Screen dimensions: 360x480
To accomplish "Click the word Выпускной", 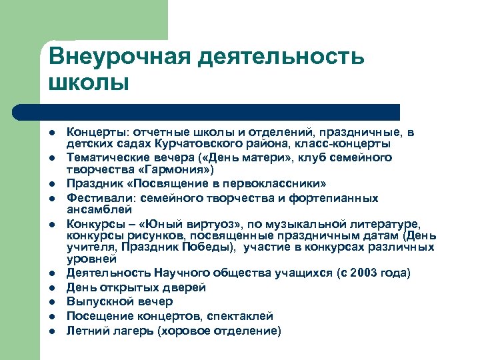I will pyautogui.click(x=97, y=302).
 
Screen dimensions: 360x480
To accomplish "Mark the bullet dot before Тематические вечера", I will pyautogui.click(x=52, y=158).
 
